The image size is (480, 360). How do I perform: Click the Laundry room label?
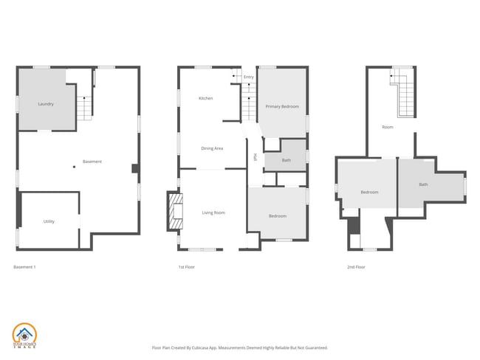46,104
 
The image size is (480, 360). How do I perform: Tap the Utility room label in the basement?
49,221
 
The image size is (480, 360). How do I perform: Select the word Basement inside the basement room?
92,162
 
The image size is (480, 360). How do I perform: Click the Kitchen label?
206,99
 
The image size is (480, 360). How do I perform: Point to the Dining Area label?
213,148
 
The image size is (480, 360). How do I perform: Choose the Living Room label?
214,213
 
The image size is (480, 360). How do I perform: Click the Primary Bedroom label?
283,107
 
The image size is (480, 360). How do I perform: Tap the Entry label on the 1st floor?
248,77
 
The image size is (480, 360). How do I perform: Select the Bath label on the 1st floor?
286,160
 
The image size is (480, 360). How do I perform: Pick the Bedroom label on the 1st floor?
278,215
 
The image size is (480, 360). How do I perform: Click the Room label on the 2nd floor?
388,127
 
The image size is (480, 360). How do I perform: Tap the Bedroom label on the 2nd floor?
369,193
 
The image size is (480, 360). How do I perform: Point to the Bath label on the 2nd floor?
423,184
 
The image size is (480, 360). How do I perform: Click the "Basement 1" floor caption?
25,266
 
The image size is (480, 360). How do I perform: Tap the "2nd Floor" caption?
356,266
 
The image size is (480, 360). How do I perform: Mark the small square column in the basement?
74,167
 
